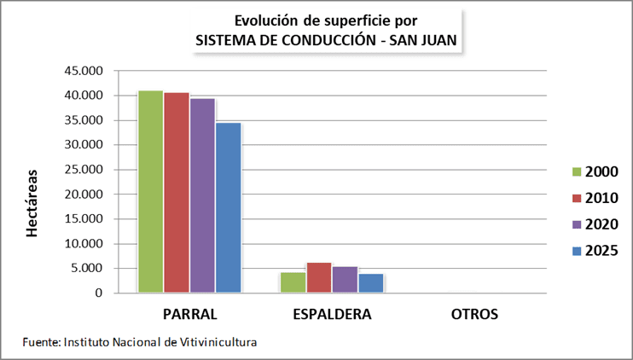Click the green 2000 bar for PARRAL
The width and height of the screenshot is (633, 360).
151,192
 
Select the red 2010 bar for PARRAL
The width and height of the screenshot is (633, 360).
177,193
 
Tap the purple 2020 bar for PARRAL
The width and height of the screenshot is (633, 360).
202,196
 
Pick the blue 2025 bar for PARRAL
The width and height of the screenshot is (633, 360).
228,208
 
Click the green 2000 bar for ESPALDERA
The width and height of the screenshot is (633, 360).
293,282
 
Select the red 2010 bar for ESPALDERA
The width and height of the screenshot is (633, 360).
319,278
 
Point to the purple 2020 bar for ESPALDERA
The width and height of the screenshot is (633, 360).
345,280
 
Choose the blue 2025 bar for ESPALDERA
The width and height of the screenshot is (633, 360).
370,283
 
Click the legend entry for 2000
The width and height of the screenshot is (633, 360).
594,172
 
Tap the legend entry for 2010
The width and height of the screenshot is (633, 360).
594,198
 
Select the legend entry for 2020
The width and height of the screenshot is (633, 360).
594,224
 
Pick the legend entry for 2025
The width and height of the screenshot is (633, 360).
594,250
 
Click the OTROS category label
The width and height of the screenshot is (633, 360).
474,314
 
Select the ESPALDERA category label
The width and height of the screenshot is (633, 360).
332,314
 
